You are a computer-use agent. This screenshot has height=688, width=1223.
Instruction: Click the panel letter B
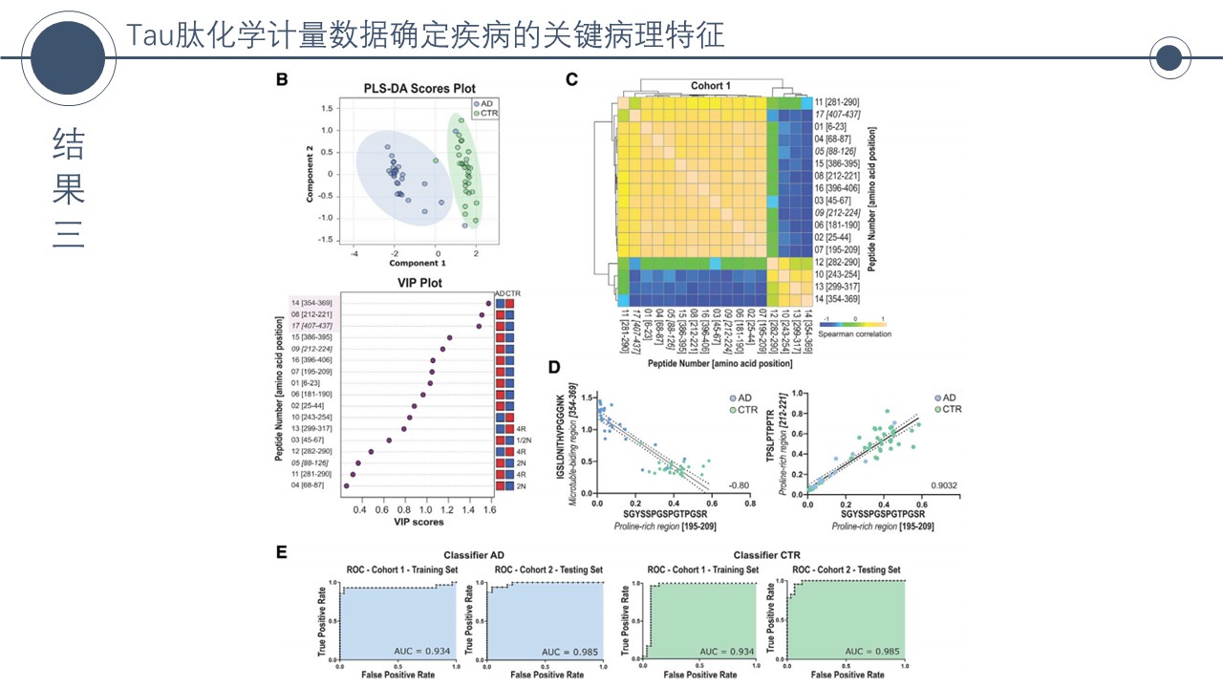pyautogui.click(x=282, y=80)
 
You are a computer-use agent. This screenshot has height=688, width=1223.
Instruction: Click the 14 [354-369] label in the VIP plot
pyautogui.click(x=311, y=303)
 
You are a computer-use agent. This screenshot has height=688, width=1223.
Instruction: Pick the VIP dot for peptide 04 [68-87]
pyautogui.click(x=345, y=486)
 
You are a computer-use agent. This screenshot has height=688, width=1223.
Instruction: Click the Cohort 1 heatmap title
pyautogui.click(x=711, y=86)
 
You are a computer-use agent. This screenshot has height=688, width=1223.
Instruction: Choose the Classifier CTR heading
pyautogui.click(x=767, y=554)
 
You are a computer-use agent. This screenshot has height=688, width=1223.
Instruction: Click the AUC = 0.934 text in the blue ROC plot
pyautogui.click(x=424, y=652)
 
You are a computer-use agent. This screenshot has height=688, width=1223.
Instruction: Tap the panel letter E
pyautogui.click(x=282, y=552)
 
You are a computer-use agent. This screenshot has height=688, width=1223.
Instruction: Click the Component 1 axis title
pyautogui.click(x=417, y=262)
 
